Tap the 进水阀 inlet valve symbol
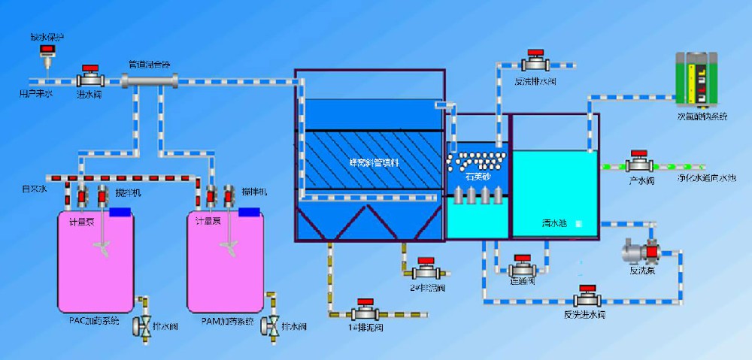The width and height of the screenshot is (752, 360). [x=90, y=77]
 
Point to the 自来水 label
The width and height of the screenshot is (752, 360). [x=34, y=190]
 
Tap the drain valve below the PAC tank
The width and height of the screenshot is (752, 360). [x=143, y=325]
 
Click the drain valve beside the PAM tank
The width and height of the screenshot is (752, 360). [x=271, y=325]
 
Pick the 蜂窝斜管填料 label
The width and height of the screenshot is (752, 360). [x=369, y=161]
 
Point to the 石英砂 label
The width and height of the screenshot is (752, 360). [x=478, y=178]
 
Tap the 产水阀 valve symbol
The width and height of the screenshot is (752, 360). [x=639, y=163]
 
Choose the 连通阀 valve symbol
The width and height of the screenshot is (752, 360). [x=522, y=268]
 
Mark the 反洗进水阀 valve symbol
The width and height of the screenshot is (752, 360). [x=584, y=299]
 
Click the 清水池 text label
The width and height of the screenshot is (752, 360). [x=554, y=223]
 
